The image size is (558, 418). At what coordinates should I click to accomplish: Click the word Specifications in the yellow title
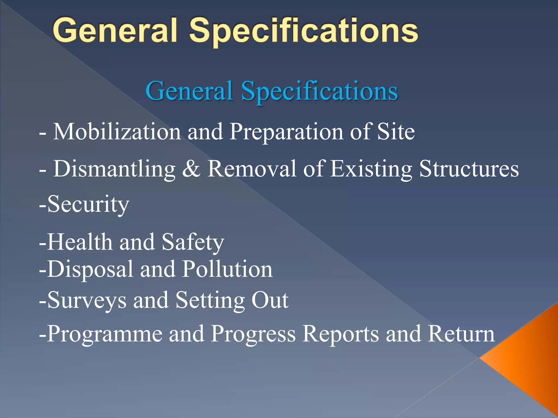pos(304,31)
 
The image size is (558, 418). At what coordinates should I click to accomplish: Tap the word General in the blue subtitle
pos(189,91)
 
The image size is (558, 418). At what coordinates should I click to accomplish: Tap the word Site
pos(396,132)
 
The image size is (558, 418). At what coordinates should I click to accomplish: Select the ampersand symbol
pos(191,169)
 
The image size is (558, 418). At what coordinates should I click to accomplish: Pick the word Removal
pos(252,169)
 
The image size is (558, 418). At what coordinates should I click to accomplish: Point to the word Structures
pos(469,169)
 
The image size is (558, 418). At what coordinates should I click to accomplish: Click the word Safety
pos(193,242)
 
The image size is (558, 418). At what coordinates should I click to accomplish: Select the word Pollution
pos(227,269)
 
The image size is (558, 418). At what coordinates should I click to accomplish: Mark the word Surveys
pos(87,301)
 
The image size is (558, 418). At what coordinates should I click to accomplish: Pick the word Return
pos(461,334)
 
